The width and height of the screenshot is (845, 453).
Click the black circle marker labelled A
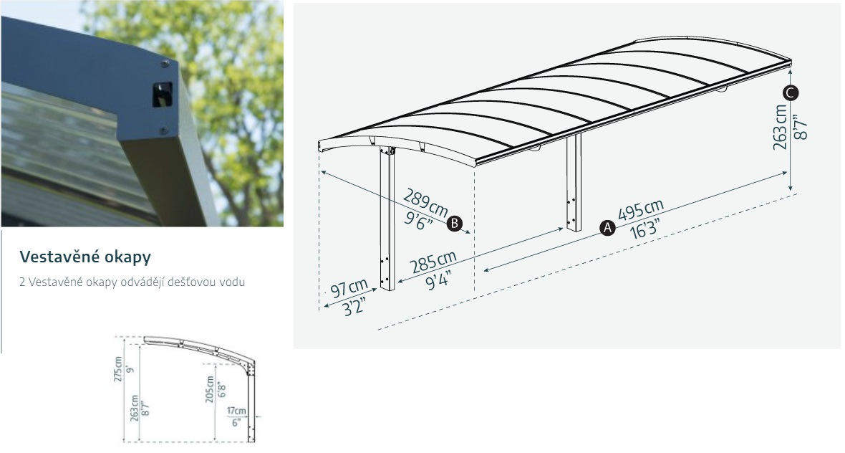[607, 228]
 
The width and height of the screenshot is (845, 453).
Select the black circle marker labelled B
[455, 223]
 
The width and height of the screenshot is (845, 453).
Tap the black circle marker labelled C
[791, 93]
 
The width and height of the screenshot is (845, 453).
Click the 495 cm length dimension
[640, 210]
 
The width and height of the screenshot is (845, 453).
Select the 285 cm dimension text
[433, 262]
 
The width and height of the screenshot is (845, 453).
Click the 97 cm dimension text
[349, 288]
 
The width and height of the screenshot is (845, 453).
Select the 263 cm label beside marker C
[780, 128]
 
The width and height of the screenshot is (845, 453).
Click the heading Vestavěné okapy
[85, 257]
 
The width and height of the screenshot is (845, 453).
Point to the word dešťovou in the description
[197, 282]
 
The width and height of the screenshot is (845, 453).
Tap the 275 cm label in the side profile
[118, 369]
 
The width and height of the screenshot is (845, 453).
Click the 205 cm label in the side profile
[209, 388]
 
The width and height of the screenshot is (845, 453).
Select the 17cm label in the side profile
[236, 411]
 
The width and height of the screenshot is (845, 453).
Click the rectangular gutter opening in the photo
[162, 94]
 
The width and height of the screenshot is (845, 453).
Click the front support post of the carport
[387, 219]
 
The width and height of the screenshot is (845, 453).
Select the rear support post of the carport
[574, 183]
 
